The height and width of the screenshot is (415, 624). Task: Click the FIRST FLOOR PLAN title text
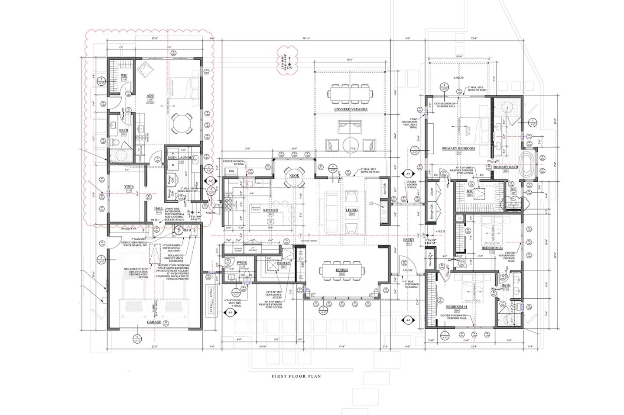click(x=296, y=376)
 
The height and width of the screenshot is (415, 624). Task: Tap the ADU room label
click(x=150, y=95)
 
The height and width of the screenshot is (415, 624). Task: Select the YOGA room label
click(x=129, y=187)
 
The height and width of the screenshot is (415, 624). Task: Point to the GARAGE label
click(x=154, y=322)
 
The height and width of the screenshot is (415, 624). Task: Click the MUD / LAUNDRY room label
click(x=181, y=158)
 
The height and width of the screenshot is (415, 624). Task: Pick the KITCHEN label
click(x=270, y=210)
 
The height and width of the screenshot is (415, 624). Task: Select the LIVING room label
click(x=351, y=210)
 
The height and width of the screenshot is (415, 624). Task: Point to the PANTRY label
click(x=283, y=263)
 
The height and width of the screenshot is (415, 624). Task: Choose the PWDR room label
click(x=241, y=263)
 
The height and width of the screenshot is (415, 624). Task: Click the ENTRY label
click(x=408, y=239)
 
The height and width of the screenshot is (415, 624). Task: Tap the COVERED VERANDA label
click(x=351, y=109)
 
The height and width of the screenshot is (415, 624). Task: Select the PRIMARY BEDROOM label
click(x=458, y=148)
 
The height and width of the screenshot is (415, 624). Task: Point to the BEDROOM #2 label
click(x=492, y=248)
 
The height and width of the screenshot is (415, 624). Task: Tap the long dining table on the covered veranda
click(x=351, y=93)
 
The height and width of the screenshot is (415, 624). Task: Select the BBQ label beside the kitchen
click(x=231, y=171)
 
